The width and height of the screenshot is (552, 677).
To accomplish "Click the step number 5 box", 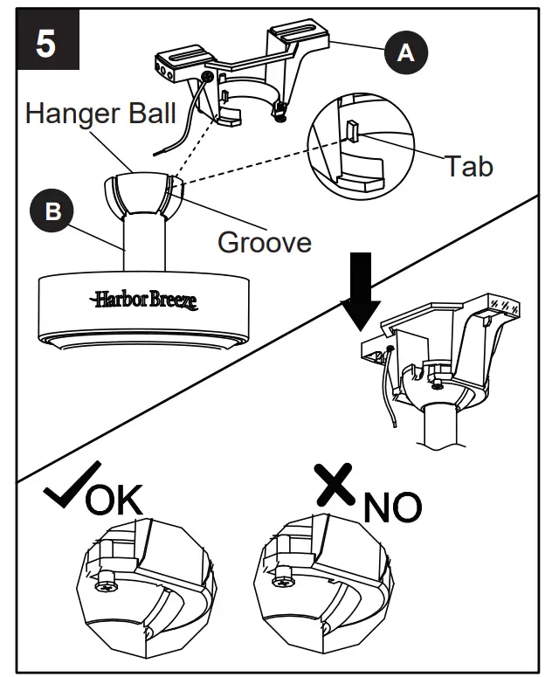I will point(45,43).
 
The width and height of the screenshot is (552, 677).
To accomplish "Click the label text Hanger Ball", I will point(100,113).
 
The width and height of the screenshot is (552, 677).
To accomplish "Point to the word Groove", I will point(264,241).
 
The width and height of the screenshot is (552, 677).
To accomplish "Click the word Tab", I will point(469,165).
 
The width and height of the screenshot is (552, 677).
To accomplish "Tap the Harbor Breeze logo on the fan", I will point(143,301).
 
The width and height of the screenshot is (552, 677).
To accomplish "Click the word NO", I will point(392,506).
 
